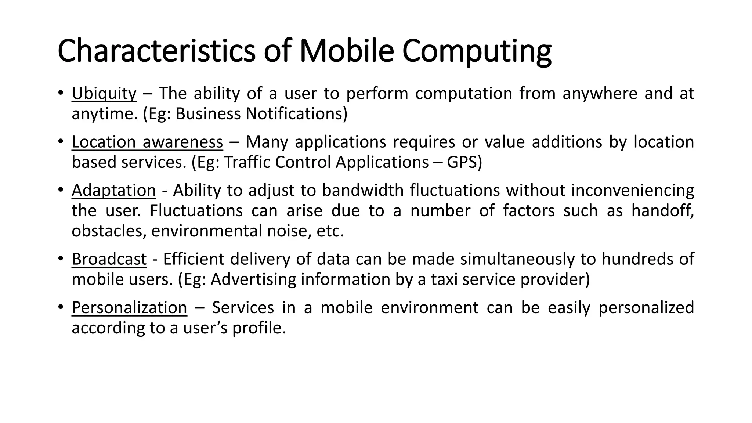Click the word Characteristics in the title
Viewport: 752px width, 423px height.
tap(156, 51)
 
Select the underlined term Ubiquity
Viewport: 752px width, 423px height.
tap(104, 94)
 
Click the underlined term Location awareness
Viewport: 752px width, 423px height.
tap(147, 142)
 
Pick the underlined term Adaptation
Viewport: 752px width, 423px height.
tap(114, 191)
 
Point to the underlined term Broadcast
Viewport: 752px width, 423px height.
tap(109, 259)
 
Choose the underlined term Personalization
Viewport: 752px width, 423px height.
tap(129, 308)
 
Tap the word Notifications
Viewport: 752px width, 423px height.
tap(296, 114)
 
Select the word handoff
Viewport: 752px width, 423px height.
tap(662, 211)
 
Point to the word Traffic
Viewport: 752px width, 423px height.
tap(247, 162)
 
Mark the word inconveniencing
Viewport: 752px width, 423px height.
tap(633, 191)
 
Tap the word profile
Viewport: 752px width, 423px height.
tap(259, 328)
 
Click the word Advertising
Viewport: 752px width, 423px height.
tap(253, 279)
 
